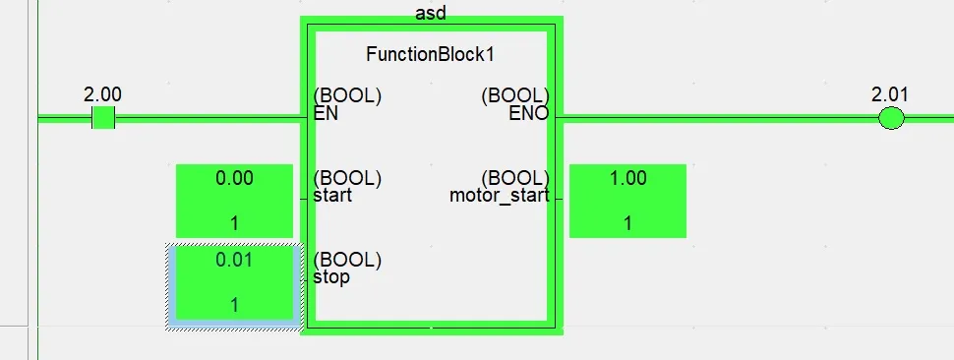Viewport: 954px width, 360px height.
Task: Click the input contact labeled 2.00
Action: click(x=102, y=119)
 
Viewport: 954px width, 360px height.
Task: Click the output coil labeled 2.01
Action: click(x=890, y=119)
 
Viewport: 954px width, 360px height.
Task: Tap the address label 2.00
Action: click(x=102, y=94)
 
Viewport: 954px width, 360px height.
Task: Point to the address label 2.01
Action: click(x=890, y=94)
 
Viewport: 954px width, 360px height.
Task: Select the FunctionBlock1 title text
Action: click(x=430, y=54)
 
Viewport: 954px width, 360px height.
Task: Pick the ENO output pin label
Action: click(x=528, y=113)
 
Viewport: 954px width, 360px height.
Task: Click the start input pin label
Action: click(x=331, y=195)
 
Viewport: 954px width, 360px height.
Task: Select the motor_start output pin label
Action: click(x=499, y=195)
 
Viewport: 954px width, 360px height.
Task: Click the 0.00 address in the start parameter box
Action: click(x=234, y=178)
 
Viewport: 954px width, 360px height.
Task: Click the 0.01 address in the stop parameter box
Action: click(x=234, y=260)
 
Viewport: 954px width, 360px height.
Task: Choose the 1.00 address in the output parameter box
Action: click(x=627, y=178)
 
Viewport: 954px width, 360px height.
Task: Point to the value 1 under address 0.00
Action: click(x=234, y=223)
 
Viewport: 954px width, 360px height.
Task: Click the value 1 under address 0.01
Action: click(x=234, y=305)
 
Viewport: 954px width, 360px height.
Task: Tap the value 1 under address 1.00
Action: click(x=627, y=223)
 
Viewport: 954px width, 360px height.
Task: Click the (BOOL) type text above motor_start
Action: click(x=514, y=178)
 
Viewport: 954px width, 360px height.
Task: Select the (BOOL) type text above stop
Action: click(x=347, y=260)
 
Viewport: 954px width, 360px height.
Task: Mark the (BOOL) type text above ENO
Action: click(x=514, y=96)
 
